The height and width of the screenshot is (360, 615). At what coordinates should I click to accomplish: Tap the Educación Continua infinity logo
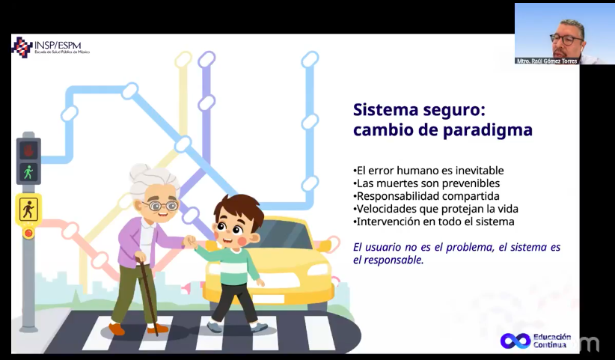[515, 341]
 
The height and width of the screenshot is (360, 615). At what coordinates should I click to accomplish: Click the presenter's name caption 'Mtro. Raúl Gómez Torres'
[547, 61]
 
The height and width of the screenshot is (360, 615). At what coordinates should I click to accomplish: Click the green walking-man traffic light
[28, 172]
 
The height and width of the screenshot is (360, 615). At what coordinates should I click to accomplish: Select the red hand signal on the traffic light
[28, 150]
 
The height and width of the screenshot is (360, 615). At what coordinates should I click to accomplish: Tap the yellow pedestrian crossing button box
[28, 210]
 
